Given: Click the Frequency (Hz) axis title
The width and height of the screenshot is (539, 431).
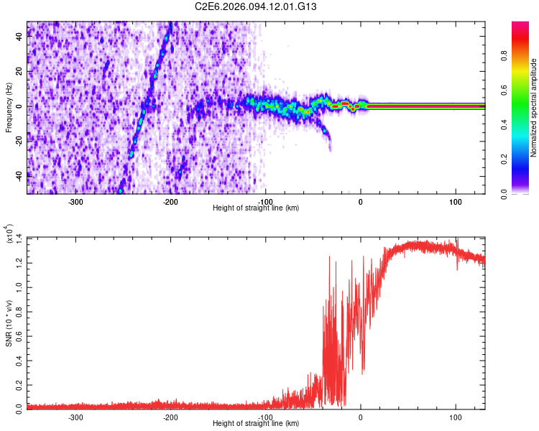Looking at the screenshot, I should pos(8,108).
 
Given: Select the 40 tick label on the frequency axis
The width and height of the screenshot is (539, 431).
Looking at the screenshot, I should pos(19,39).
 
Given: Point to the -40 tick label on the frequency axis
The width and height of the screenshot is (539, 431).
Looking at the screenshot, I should pos(18,174).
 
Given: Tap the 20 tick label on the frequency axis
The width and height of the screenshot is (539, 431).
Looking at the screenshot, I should pos(19,73).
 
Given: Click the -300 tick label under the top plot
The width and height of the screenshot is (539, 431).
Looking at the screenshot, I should pos(75,201).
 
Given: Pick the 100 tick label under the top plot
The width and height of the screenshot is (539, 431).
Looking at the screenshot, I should pos(456,201).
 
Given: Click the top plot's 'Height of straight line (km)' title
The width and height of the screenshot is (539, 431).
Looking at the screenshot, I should pos(256,208).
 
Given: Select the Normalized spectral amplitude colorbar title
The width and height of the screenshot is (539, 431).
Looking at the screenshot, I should pos(534,108).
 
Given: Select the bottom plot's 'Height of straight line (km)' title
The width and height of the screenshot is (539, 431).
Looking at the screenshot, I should pos(256,424).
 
